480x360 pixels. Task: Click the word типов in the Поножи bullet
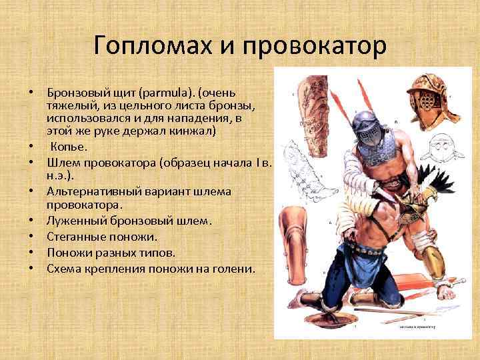tap(158, 253)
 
